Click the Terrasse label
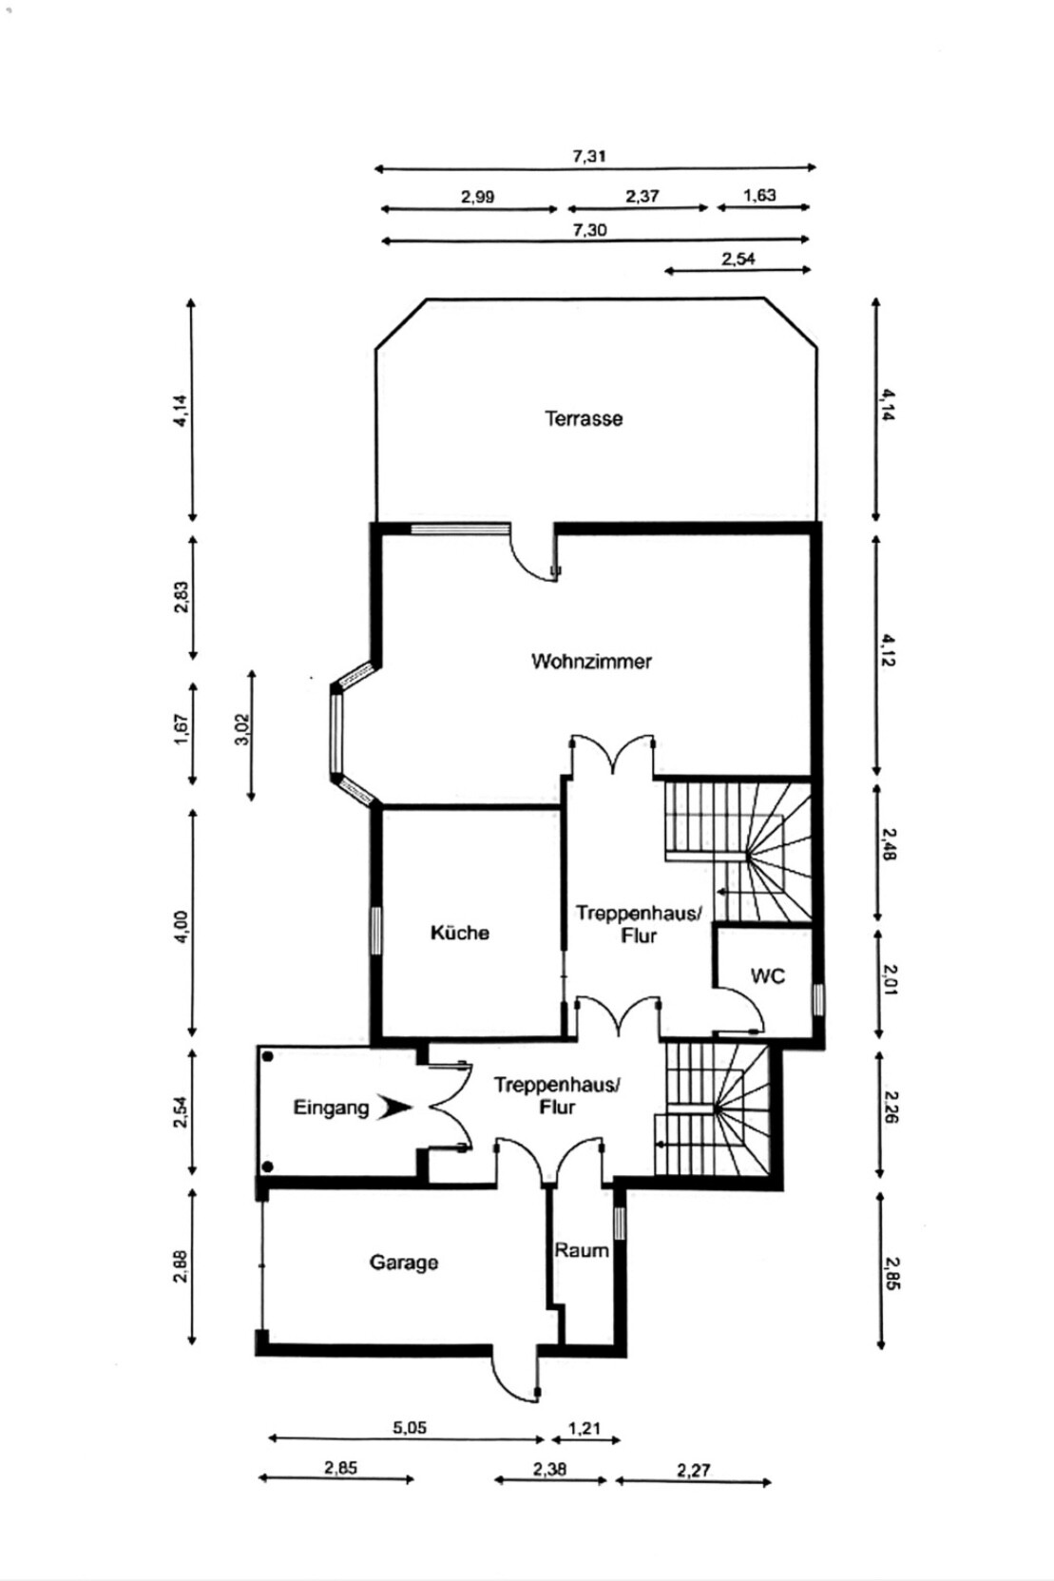(584, 418)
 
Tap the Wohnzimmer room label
(591, 661)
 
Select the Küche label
(460, 933)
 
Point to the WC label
(768, 975)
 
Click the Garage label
(404, 1263)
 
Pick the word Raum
(582, 1250)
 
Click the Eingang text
(331, 1108)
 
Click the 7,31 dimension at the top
(589, 156)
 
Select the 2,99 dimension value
(478, 197)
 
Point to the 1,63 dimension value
(759, 195)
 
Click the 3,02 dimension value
(242, 729)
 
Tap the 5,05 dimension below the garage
(410, 1427)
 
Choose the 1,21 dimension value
(584, 1428)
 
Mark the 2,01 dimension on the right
(889, 979)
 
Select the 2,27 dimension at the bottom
(694, 1470)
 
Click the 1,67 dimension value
(182, 729)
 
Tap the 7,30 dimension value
(589, 229)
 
